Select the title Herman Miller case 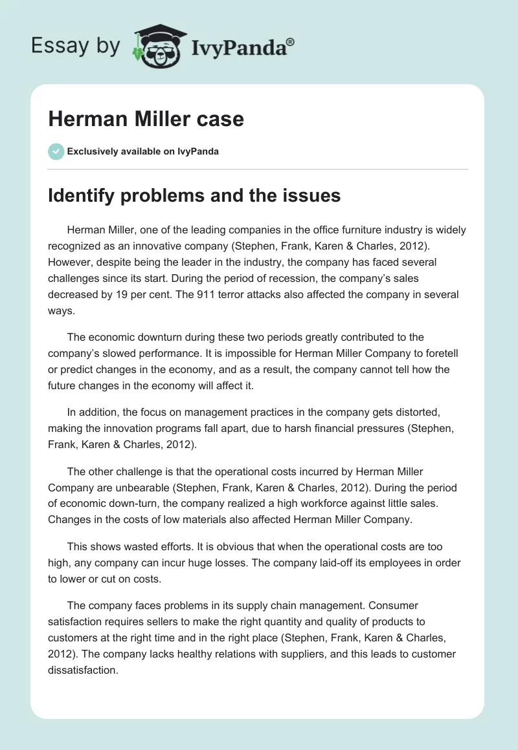(x=146, y=119)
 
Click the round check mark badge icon (x=56, y=151)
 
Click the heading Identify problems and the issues (x=194, y=195)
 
